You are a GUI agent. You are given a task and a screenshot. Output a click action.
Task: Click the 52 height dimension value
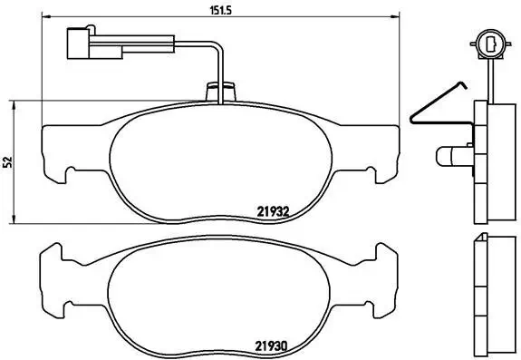click(8, 161)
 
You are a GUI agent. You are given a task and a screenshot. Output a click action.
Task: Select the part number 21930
click(272, 345)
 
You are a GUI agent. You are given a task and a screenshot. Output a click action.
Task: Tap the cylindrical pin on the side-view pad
click(450, 157)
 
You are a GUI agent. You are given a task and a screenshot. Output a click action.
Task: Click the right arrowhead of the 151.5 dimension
click(395, 16)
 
